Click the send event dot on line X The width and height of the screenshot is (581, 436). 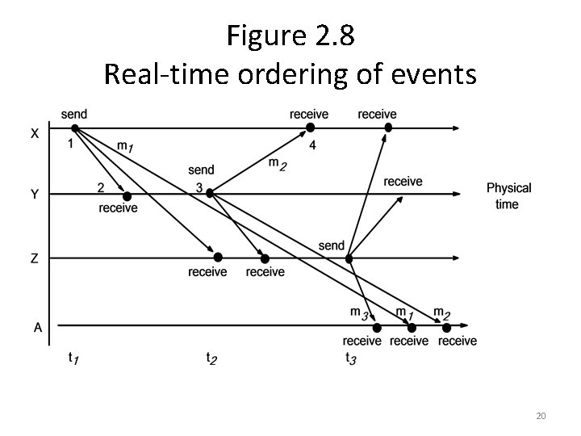click(74, 128)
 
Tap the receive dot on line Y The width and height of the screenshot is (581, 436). click(127, 196)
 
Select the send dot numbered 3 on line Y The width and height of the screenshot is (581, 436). click(210, 193)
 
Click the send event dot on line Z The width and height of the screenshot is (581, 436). click(349, 258)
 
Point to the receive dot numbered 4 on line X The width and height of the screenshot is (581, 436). click(310, 128)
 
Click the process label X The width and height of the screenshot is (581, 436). click(35, 134)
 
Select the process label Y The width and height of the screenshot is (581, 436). click(35, 194)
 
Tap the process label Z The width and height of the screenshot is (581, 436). click(35, 258)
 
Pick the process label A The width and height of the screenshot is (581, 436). click(37, 327)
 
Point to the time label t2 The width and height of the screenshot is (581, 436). click(211, 357)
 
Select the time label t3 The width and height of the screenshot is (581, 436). click(350, 357)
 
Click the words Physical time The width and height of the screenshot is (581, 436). click(508, 195)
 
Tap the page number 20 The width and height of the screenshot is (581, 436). click(541, 416)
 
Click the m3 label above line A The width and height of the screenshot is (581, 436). click(359, 312)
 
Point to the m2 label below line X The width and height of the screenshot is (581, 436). click(277, 165)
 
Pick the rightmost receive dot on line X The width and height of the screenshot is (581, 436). click(388, 128)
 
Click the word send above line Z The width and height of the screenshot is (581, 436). click(331, 245)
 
